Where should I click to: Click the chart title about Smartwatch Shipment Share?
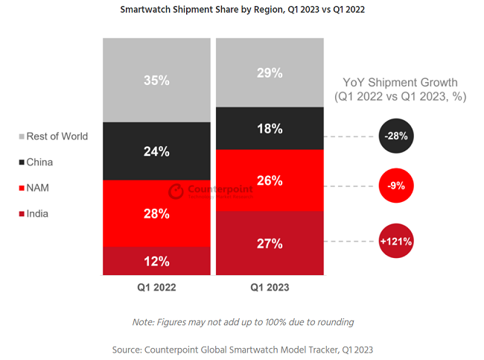click(x=242, y=10)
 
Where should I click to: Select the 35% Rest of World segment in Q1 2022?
click(x=156, y=80)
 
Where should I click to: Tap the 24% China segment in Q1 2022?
click(x=156, y=151)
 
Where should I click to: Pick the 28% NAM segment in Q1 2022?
click(x=156, y=214)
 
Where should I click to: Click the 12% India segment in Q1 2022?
click(x=156, y=262)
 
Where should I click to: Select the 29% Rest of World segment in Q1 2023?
click(x=270, y=73)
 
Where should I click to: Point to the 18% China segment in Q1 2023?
click(x=270, y=128)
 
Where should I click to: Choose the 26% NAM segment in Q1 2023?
click(x=270, y=180)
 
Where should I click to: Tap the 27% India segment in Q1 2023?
click(x=270, y=243)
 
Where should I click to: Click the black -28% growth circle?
click(x=396, y=136)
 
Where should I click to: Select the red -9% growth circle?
click(x=396, y=186)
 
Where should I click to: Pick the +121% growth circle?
click(x=396, y=241)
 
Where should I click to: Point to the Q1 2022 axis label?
click(x=156, y=286)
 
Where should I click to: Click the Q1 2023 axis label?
click(x=270, y=286)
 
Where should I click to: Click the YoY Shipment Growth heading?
click(x=400, y=89)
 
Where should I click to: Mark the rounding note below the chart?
click(x=243, y=322)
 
